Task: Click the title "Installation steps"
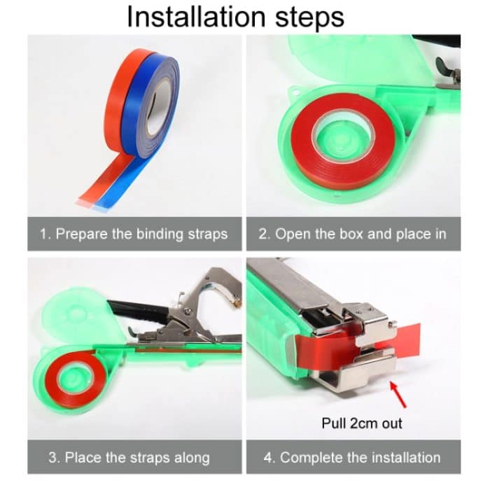(235, 17)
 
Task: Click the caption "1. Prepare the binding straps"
(133, 234)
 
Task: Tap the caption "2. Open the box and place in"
(352, 234)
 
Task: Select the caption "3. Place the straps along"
(129, 458)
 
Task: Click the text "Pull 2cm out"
(362, 423)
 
